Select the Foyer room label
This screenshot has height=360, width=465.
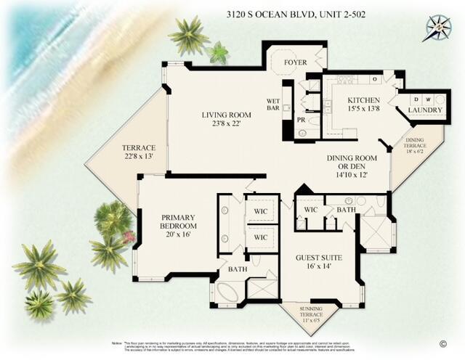click(294, 62)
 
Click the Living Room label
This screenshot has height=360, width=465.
click(226, 119)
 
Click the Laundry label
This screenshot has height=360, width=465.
click(425, 110)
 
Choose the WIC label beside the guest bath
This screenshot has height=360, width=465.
click(311, 210)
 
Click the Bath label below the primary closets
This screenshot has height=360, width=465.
click(238, 269)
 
